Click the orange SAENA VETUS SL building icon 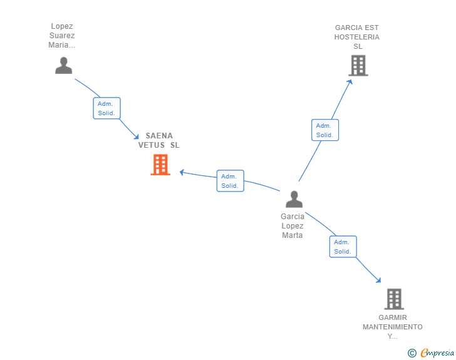(160, 165)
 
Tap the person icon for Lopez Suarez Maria (63, 65)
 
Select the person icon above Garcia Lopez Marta (294, 199)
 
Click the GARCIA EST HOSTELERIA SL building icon (358, 65)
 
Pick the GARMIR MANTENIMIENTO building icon (393, 299)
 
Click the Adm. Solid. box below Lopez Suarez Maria (106, 108)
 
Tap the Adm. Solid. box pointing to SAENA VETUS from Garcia (230, 181)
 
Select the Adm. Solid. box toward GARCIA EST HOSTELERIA (324, 130)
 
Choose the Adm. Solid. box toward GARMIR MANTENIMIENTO (343, 247)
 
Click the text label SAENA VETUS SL (159, 140)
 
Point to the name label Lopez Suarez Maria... (62, 36)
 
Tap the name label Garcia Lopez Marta (293, 226)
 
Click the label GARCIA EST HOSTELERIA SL (357, 37)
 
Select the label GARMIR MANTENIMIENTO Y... (393, 327)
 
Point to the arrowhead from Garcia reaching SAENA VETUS (182, 172)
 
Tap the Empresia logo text (437, 353)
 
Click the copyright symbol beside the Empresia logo (412, 354)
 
